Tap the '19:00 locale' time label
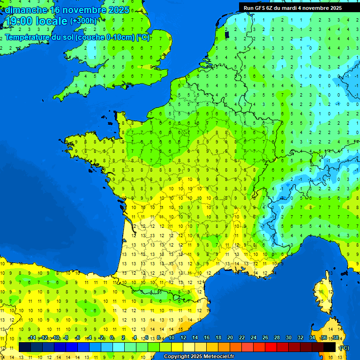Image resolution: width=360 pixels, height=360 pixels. pyautogui.click(x=36, y=21)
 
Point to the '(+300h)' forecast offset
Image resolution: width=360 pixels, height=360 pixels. pyautogui.click(x=83, y=21)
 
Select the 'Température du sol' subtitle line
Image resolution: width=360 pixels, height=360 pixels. pyautogui.click(x=77, y=37)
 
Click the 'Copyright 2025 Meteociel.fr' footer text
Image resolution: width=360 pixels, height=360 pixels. pyautogui.click(x=199, y=357)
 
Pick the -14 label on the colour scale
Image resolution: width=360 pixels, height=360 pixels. pyautogui.click(x=32, y=338)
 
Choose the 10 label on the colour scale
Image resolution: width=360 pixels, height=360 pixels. pyautogui.click(x=172, y=338)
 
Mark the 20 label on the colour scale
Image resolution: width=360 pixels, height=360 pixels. pyautogui.click(x=230, y=338)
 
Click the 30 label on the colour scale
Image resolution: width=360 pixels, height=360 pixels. pyautogui.click(x=289, y=338)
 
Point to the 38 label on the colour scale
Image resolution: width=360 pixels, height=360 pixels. pyautogui.click(x=335, y=338)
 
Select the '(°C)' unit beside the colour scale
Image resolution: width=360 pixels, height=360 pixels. pyautogui.click(x=344, y=348)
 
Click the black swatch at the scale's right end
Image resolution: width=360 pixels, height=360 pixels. pyautogui.click(x=330, y=347)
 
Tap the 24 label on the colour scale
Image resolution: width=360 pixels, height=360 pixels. pyautogui.click(x=254, y=338)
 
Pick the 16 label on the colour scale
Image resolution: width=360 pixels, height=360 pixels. pyautogui.click(x=207, y=338)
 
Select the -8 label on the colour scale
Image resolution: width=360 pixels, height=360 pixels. pyautogui.click(x=66, y=338)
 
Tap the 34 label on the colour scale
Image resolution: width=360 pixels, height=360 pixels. pyautogui.click(x=312, y=338)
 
